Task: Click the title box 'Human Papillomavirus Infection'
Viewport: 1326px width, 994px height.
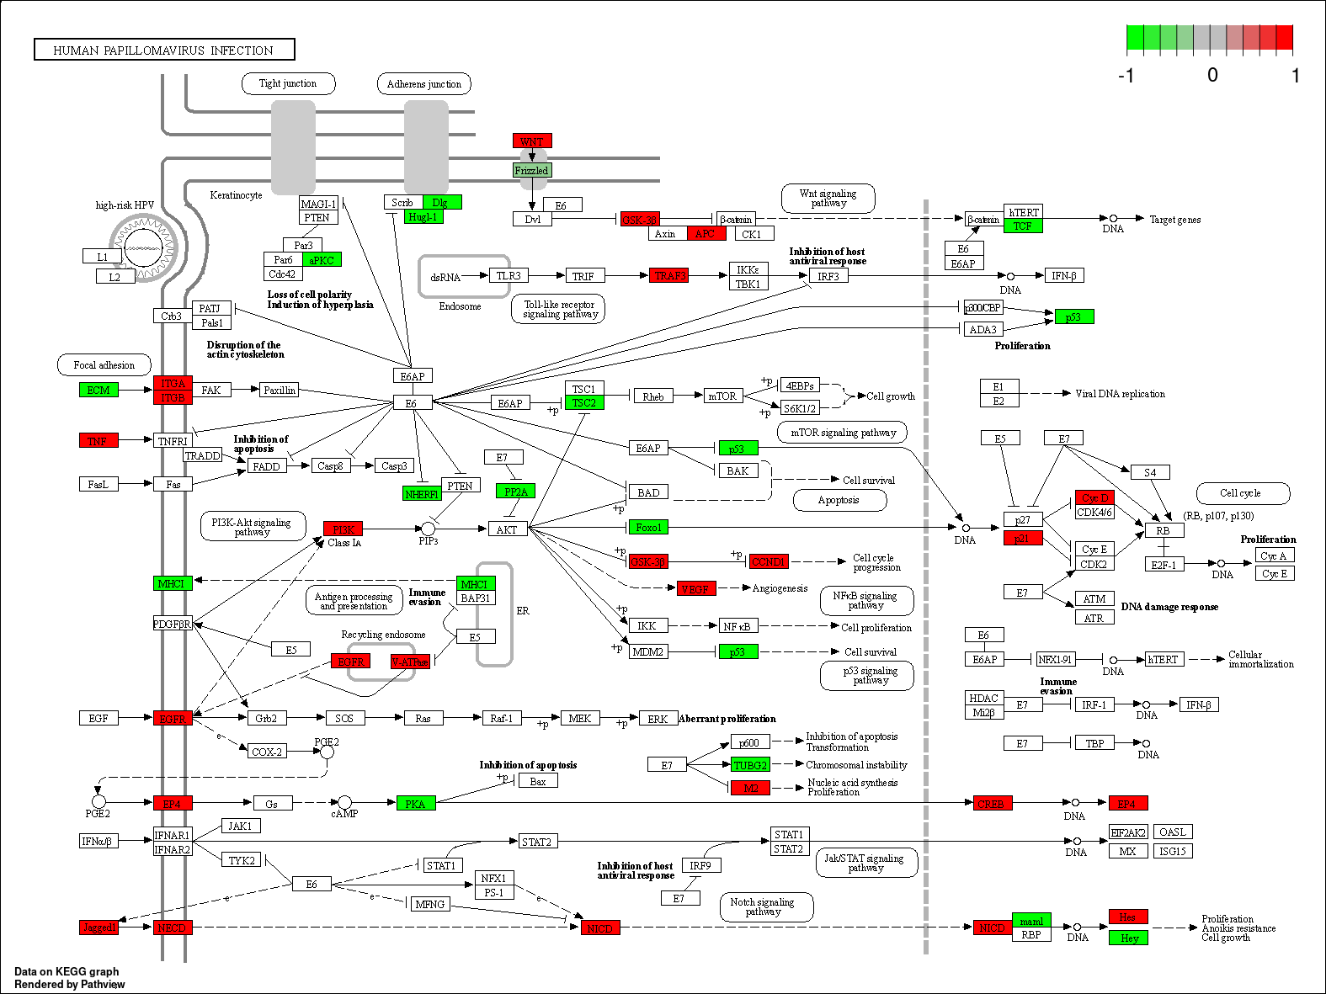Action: [x=164, y=50]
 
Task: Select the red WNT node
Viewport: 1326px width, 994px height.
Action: [x=532, y=141]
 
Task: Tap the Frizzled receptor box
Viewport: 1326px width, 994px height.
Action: [x=531, y=170]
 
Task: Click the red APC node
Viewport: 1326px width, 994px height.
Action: [x=706, y=234]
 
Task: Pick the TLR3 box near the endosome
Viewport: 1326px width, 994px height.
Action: [x=509, y=275]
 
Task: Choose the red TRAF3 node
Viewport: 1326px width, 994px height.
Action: [x=669, y=275]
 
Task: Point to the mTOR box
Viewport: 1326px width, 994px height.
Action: [x=722, y=396]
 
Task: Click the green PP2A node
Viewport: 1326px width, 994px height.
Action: [x=515, y=492]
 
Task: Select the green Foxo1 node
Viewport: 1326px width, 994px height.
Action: [x=648, y=528]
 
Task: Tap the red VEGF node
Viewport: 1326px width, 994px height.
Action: [x=695, y=589]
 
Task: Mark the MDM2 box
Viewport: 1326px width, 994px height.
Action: [x=647, y=651]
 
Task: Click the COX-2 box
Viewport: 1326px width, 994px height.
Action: [x=267, y=752]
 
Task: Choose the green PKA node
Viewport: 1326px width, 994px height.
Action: [x=416, y=804]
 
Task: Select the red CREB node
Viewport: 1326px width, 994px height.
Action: [x=991, y=804]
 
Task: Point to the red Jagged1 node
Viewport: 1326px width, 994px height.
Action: [x=99, y=928]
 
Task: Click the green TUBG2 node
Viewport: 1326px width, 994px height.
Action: [x=750, y=765]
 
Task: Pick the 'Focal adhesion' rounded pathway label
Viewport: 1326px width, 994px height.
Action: [x=104, y=365]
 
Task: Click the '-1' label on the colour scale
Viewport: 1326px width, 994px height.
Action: [x=1126, y=76]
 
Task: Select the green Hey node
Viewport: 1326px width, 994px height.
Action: [x=1129, y=938]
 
